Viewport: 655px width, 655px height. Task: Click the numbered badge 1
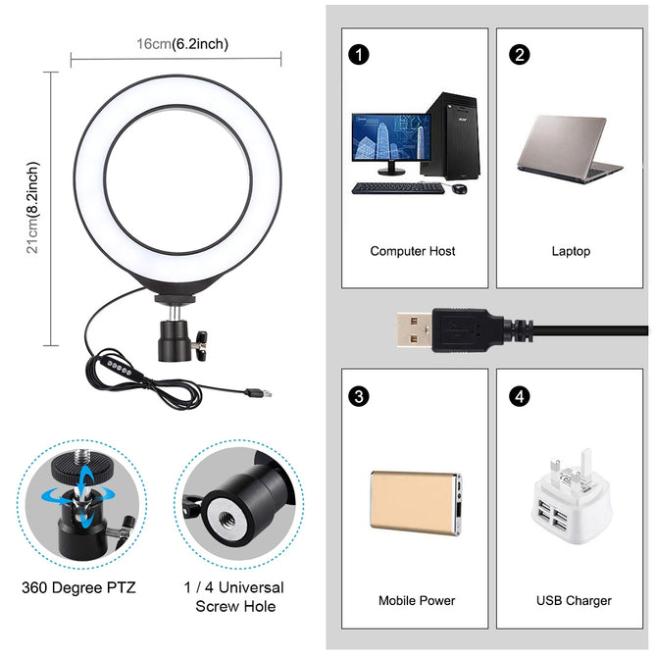[360, 55]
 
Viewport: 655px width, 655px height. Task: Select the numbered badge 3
[360, 396]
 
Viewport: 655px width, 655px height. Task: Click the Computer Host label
[413, 251]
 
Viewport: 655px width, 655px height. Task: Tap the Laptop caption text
[571, 251]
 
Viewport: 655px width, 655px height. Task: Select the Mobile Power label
[417, 600]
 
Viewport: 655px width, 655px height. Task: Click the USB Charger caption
[575, 600]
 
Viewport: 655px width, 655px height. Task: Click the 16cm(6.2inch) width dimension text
[183, 44]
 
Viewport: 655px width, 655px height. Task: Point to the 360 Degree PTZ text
[79, 588]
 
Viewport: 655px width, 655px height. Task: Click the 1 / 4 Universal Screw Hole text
[234, 596]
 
